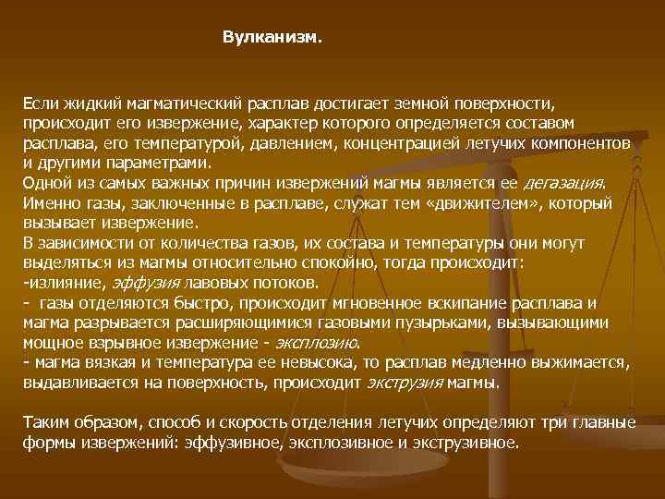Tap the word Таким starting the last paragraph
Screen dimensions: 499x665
tap(44, 422)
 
